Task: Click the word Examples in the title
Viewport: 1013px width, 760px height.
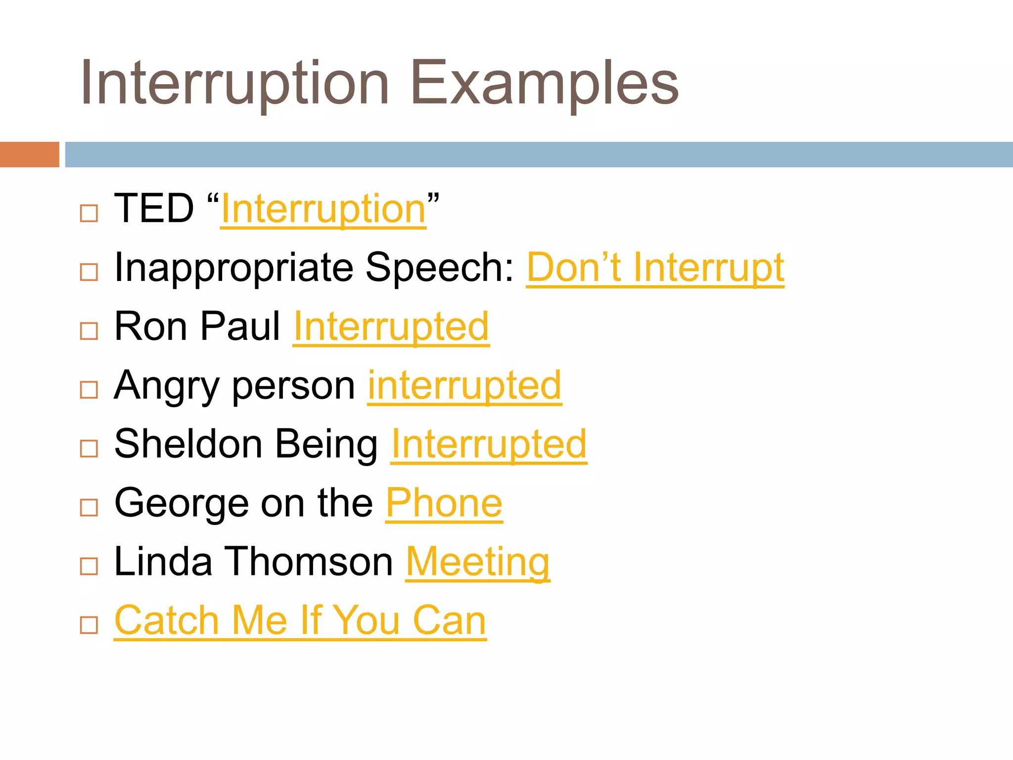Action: point(544,83)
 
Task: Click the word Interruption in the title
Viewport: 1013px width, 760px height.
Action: point(235,83)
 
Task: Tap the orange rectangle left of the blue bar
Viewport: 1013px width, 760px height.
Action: point(29,154)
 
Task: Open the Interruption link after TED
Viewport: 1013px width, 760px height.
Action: point(323,210)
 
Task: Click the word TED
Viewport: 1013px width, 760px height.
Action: point(154,209)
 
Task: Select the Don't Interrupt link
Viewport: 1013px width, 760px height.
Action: point(655,268)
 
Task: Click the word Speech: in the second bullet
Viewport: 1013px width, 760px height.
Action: point(440,268)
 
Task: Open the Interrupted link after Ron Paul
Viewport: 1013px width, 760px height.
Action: point(391,327)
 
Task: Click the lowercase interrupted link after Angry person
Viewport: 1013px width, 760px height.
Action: point(464,386)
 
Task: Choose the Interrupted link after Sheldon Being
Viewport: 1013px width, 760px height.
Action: point(489,444)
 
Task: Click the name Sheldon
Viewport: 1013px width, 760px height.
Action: point(188,444)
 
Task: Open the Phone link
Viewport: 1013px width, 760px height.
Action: point(444,503)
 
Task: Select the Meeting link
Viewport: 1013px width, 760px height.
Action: point(478,563)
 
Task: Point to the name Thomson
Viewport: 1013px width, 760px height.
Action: point(310,562)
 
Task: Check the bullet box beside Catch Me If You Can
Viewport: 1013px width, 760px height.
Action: point(89,625)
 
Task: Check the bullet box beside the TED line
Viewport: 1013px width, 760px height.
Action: point(89,214)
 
